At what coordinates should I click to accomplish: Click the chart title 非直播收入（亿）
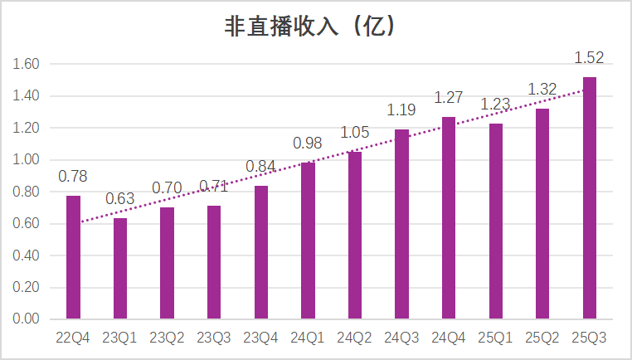tap(315, 27)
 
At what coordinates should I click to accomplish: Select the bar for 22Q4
tap(73, 257)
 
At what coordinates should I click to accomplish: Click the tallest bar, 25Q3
tap(590, 197)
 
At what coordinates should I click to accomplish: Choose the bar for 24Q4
tap(449, 217)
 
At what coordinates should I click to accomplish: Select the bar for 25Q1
tap(496, 221)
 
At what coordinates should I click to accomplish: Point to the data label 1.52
tap(590, 59)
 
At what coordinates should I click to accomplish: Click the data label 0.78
tap(73, 177)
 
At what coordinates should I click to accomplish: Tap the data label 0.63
tap(120, 200)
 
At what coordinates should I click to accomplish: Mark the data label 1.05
tap(355, 133)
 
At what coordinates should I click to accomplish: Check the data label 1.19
tap(402, 110)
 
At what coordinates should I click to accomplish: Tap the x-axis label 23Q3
tap(214, 338)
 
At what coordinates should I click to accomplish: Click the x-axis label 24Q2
tap(355, 338)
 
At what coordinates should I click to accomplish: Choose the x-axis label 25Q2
tap(542, 338)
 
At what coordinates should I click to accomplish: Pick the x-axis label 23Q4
tap(261, 338)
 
